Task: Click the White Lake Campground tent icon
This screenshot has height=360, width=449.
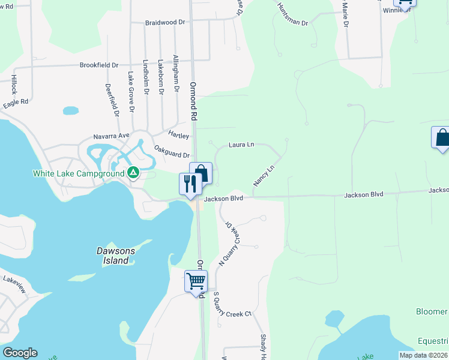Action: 133,174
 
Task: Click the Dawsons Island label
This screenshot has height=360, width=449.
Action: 113,256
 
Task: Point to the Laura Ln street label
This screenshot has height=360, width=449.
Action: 242,145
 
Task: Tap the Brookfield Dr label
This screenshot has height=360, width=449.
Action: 99,65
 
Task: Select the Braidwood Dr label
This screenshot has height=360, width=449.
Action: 165,22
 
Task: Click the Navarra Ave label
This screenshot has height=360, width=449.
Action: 111,136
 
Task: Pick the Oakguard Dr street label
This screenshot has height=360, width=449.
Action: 172,151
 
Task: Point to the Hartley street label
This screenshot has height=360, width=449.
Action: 178,136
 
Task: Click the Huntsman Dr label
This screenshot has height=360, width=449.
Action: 292,14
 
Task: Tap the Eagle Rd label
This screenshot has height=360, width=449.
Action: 16,103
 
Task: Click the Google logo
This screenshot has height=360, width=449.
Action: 20,353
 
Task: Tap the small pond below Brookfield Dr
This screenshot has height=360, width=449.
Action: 71,111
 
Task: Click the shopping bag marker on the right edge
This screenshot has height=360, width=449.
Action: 442,137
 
